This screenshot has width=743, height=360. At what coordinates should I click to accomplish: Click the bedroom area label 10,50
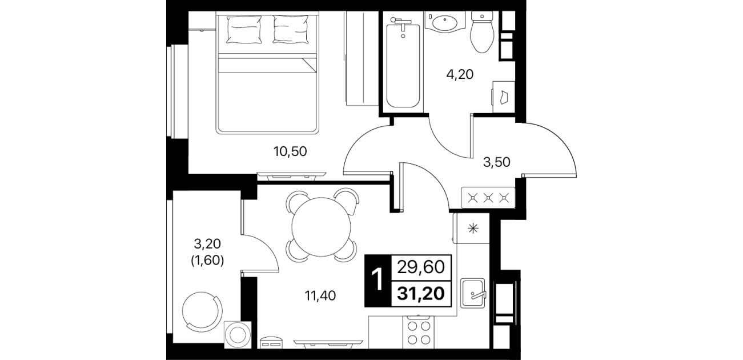290,151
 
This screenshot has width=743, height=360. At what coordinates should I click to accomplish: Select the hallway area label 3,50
496,162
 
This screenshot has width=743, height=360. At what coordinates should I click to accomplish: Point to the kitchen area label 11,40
320,295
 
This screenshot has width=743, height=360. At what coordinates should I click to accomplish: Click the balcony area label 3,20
207,244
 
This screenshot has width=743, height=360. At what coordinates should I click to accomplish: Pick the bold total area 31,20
421,293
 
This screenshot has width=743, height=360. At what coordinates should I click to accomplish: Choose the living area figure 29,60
421,267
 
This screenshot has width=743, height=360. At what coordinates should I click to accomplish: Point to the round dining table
321,227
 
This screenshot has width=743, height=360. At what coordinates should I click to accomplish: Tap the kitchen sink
473,293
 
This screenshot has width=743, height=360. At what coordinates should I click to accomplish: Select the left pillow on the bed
243,30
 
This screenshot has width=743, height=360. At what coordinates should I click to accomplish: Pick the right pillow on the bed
291,30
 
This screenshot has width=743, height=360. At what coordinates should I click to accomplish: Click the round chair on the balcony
202,310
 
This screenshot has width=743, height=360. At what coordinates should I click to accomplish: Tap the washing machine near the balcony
238,334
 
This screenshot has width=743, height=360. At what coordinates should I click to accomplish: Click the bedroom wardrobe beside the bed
362,58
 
